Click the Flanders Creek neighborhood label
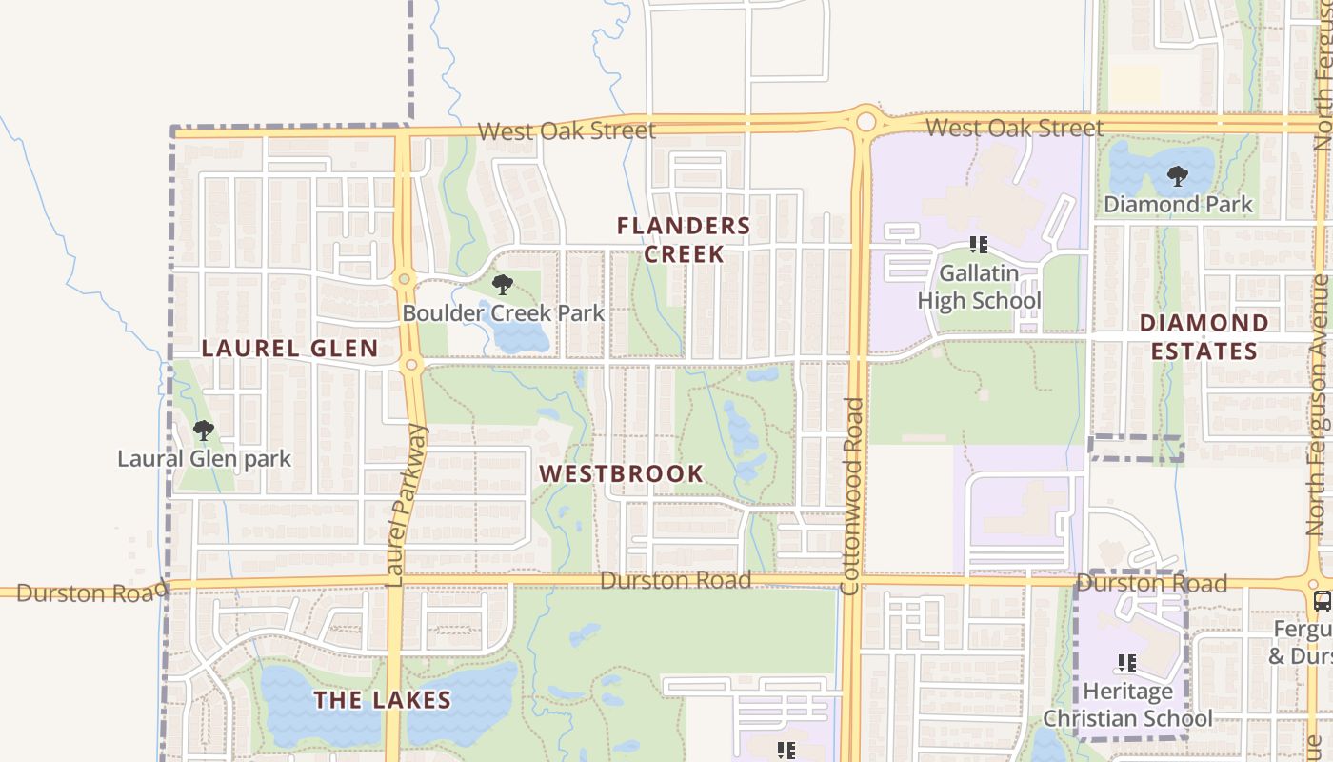coord(684,239)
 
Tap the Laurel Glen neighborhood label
coord(290,349)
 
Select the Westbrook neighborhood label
coord(622,473)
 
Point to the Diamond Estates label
coord(1204,337)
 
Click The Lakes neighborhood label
coord(382,700)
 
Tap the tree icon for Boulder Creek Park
coord(502,284)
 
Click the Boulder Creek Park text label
coord(503,312)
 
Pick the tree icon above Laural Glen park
coord(203,431)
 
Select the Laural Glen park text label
coord(204,459)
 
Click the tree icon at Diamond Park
coord(1178,176)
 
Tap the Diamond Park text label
coord(1178,204)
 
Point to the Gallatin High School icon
coord(978,245)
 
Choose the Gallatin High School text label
coord(979,287)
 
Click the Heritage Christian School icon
coord(1127,662)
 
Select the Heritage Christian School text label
coord(1128,704)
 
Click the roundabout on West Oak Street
coord(865,122)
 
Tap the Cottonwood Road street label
coord(852,495)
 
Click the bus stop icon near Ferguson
coord(1322,600)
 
